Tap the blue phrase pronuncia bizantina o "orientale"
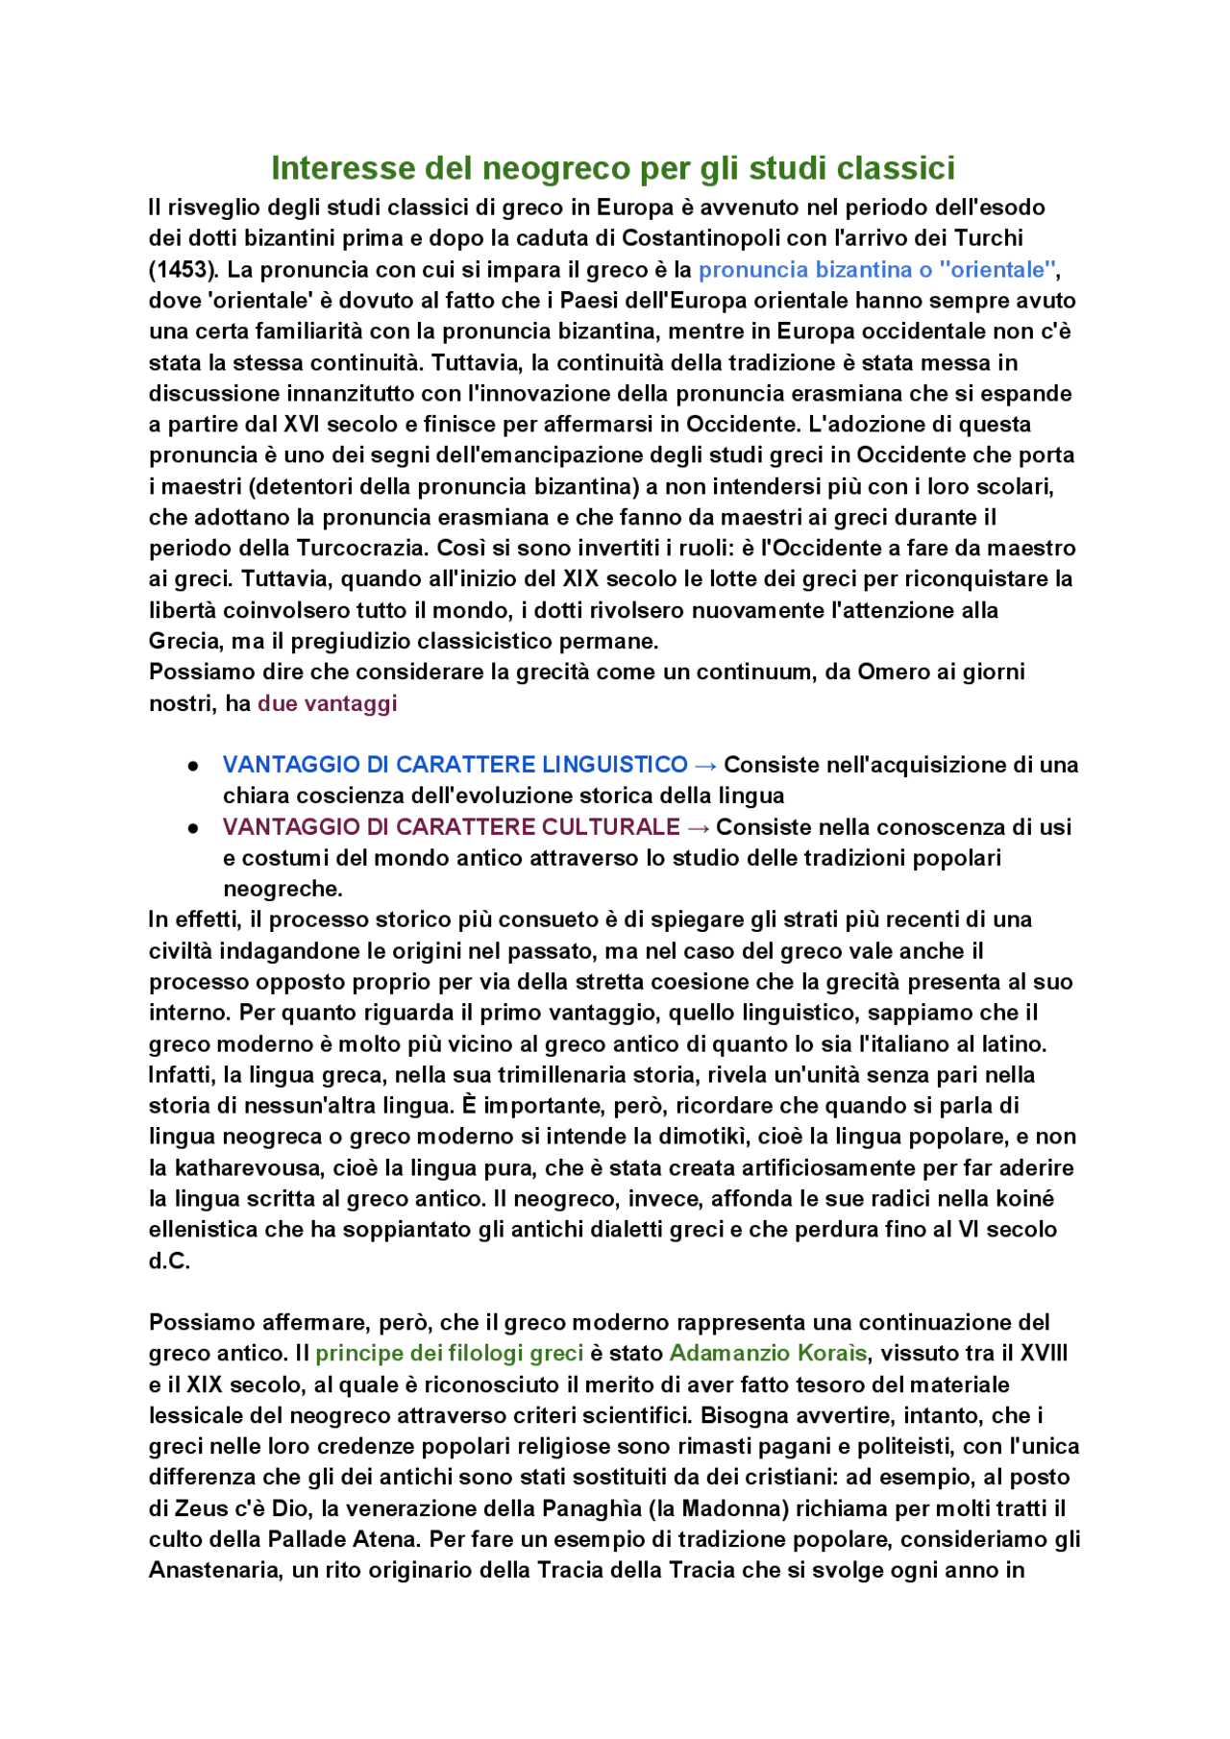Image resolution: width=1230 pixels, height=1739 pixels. coord(877,269)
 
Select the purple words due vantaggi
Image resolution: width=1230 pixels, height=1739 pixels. coord(327,703)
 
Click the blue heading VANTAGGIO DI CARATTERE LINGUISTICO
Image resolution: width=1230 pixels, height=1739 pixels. coord(455,765)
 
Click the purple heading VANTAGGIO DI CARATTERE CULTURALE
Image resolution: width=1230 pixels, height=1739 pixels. coord(451,827)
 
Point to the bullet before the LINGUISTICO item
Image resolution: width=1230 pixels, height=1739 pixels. coord(193,766)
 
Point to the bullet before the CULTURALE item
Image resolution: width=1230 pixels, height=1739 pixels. coord(193,828)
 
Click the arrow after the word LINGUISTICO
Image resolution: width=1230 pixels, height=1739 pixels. coord(704,765)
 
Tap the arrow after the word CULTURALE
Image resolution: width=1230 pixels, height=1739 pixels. coord(698,827)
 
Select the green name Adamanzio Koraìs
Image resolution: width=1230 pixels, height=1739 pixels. coord(768,1353)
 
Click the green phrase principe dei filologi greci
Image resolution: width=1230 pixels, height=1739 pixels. coord(449,1353)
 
